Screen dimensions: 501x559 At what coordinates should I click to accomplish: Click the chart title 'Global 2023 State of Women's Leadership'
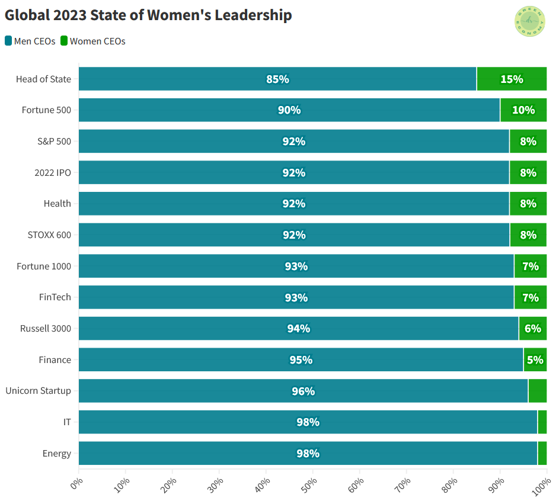coord(148,15)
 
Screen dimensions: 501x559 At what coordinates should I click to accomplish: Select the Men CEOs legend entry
coord(30,41)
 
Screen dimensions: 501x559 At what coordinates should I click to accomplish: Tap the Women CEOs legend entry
coord(93,41)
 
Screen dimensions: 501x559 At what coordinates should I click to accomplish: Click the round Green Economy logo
coord(529,22)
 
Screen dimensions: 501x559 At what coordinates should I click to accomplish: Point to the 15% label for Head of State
coord(512,79)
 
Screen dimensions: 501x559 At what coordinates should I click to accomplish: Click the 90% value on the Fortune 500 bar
coord(289,110)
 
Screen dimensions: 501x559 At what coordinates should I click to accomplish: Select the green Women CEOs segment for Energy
coord(542,454)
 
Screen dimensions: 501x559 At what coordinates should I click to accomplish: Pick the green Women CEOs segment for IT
coord(542,422)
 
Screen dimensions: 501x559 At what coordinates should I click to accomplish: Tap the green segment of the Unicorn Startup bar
coord(537,391)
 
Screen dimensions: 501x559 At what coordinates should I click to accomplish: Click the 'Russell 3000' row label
coord(46,329)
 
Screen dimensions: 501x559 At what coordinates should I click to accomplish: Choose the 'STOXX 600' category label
coord(49,235)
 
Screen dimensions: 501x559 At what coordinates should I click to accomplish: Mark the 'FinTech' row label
coord(55,297)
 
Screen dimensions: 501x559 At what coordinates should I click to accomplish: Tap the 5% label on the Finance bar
coord(535,360)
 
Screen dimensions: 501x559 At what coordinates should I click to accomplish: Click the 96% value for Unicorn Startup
coord(303,391)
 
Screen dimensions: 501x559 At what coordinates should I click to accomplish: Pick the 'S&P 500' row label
coord(54,142)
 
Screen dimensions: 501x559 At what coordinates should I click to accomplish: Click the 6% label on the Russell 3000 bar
coord(532,329)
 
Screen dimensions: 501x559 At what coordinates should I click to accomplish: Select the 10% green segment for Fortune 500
coord(523,110)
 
